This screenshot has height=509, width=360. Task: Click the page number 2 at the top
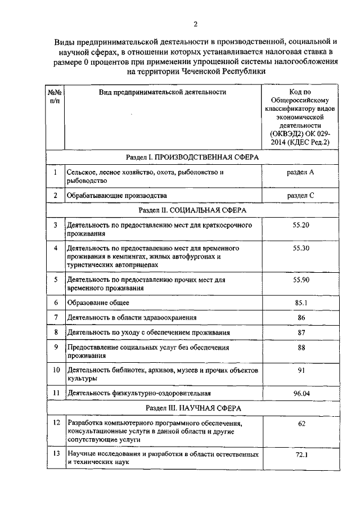click(x=195, y=24)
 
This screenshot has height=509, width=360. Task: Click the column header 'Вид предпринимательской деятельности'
click(x=162, y=92)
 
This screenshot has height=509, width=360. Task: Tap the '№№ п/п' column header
click(x=55, y=96)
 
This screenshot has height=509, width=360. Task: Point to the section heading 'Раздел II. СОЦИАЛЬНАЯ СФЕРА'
click(x=191, y=210)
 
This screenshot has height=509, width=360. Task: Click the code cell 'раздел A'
click(x=300, y=172)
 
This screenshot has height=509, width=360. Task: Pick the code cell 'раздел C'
click(x=300, y=195)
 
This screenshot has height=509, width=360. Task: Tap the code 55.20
click(x=301, y=224)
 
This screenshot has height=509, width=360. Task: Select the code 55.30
click(x=301, y=248)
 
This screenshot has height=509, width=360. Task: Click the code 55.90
click(x=301, y=280)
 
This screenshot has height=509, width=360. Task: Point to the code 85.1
click(x=301, y=303)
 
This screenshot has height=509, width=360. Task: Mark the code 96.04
click(x=301, y=392)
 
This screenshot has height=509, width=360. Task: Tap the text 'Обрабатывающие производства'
click(x=116, y=195)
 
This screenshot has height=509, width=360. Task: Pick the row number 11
click(x=55, y=392)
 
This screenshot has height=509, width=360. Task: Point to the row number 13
click(x=55, y=453)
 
